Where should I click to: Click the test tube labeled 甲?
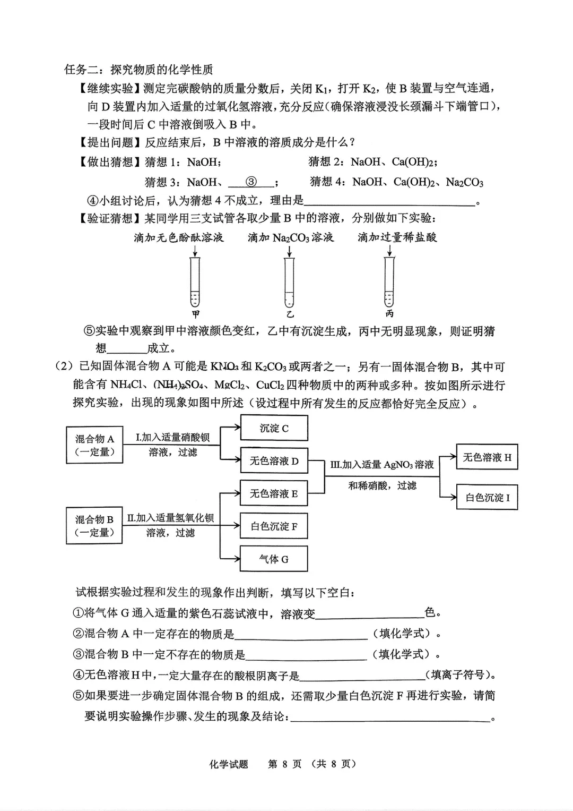pos(195,281)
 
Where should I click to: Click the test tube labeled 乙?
pos(289,281)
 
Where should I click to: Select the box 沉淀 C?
pos(274,428)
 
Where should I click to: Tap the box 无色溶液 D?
pos(274,461)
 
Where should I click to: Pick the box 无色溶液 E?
pos(274,494)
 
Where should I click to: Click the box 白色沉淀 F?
pos(274,527)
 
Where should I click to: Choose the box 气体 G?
pos(274,559)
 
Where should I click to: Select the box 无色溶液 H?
pos(487,457)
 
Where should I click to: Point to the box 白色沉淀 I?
pos(487,498)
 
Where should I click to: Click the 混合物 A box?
pos(94,445)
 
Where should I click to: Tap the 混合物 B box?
pos(94,526)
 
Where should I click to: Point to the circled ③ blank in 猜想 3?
pos(252,182)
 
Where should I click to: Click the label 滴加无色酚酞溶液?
pos(179,237)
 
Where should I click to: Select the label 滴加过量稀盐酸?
pos(397,237)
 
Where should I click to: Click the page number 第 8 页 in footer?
pos(284,764)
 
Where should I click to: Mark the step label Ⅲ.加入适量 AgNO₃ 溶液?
pos(382,465)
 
